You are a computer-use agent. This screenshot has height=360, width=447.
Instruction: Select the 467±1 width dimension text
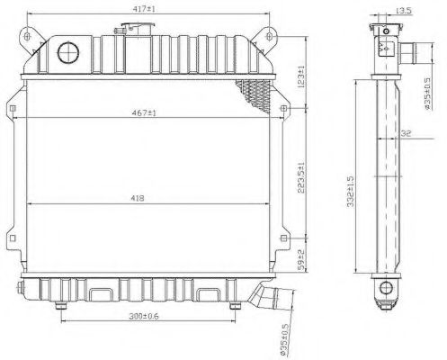[145, 113]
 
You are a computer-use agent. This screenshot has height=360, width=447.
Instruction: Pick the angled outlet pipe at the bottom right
[264, 294]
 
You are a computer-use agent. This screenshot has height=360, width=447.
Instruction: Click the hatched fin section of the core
[251, 91]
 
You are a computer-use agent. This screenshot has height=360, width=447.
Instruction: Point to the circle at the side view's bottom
[385, 288]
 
